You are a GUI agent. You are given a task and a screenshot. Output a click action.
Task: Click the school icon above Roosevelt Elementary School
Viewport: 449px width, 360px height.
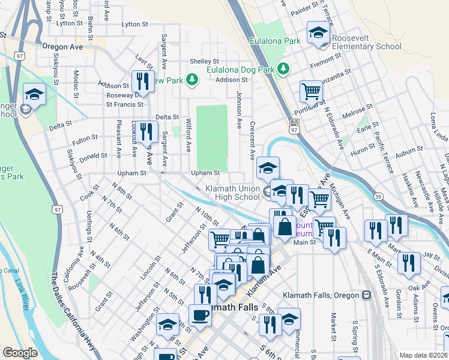coord(318,34)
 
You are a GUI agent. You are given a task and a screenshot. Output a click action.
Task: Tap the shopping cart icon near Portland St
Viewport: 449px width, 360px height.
coord(312,92)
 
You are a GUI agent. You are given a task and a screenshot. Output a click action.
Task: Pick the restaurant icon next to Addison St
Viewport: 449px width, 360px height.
coord(143,80)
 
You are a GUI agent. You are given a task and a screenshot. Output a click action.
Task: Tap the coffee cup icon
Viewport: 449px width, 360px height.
coord(199,314)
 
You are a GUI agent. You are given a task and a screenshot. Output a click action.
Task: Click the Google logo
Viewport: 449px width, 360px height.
coord(20,353)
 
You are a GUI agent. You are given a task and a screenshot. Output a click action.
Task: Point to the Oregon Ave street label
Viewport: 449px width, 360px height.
coord(62,46)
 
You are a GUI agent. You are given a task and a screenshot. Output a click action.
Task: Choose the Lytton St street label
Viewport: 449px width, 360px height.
coord(134,25)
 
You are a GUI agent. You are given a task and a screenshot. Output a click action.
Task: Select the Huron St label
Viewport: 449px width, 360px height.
coord(362,154)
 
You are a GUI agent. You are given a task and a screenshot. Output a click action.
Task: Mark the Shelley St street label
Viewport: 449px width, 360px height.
coord(204,61)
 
